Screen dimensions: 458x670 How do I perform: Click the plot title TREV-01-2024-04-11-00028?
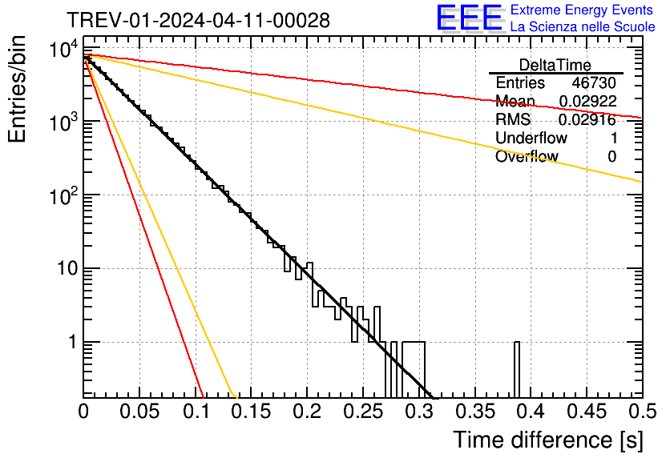pos(197,21)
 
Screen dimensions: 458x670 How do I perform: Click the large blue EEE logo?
pos(469,18)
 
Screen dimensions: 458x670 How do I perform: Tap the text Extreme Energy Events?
pos(583,10)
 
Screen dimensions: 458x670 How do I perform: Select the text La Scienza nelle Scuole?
pos(583,26)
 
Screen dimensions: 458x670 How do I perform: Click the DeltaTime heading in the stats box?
pos(555,65)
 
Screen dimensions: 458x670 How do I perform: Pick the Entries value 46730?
pos(594,83)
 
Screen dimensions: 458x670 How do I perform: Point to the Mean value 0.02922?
pos(588,102)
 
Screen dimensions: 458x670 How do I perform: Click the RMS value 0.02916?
pos(588,120)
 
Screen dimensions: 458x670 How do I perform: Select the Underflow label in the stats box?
pos(531,139)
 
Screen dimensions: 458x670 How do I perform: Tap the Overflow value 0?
pos(611,157)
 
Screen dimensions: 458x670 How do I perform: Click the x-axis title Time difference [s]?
pos(547,440)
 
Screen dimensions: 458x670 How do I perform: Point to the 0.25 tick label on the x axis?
pos(362,412)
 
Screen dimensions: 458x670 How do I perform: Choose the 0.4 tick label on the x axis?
pos(530,412)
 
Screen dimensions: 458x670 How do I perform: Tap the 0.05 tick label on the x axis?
pos(139,412)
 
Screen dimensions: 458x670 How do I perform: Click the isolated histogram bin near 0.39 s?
pos(517,368)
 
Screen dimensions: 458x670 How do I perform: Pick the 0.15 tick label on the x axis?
pos(251,412)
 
